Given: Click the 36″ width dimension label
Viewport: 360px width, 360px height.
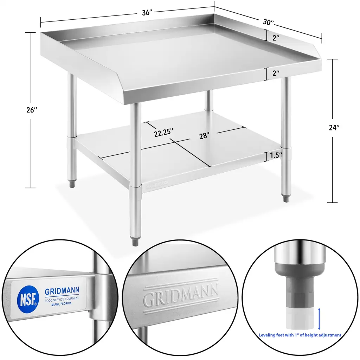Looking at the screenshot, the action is point(147,13).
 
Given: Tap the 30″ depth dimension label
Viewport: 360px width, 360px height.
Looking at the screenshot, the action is point(268,22).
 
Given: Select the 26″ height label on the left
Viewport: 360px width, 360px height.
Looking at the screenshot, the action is point(32,110).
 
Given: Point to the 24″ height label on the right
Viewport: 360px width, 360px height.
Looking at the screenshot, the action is point(334,127).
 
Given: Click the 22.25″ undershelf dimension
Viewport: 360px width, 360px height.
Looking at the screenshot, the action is point(163,133).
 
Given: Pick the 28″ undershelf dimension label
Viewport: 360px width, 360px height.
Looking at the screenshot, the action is point(204,136).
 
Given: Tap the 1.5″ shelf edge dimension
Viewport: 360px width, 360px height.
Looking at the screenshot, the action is point(276,155).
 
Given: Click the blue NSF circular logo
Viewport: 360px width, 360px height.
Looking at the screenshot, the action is point(28,299).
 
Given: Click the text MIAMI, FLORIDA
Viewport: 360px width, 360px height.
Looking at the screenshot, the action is point(61,304).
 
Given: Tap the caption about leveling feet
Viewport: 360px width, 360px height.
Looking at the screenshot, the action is point(300,335).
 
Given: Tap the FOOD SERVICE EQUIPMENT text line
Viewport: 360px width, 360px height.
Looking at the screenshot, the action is point(62,299).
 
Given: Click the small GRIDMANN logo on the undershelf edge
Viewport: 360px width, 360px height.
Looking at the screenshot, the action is point(157,183).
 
